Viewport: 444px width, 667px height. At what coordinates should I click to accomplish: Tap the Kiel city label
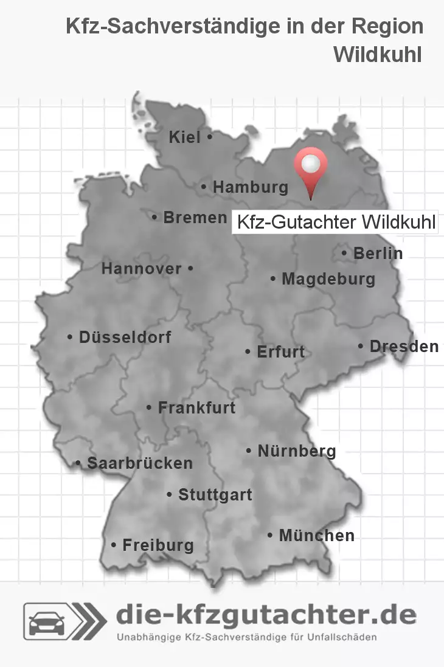point(185,138)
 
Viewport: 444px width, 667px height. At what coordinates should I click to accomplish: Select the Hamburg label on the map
point(250,188)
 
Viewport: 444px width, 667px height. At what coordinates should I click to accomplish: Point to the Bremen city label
point(195,218)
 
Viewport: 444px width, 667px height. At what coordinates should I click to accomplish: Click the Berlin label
point(378,254)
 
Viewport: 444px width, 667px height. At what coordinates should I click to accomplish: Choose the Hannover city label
point(141,269)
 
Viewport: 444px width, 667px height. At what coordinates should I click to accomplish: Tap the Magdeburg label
point(328,280)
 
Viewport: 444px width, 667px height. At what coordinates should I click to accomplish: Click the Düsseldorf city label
point(125,337)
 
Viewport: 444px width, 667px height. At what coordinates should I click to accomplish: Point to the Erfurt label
point(280,352)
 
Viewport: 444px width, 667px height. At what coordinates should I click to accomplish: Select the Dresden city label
point(404,347)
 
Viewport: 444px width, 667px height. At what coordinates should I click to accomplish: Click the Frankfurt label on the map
point(196,408)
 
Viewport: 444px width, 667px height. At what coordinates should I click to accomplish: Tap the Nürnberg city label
point(297,451)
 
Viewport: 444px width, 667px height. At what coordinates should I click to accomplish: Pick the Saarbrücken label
point(140,463)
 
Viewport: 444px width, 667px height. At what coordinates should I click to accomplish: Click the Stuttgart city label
point(215,496)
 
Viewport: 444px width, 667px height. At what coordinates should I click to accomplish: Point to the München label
point(316,536)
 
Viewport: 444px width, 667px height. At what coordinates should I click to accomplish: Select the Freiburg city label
point(158,545)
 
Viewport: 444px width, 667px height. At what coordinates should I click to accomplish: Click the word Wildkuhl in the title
point(378,54)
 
